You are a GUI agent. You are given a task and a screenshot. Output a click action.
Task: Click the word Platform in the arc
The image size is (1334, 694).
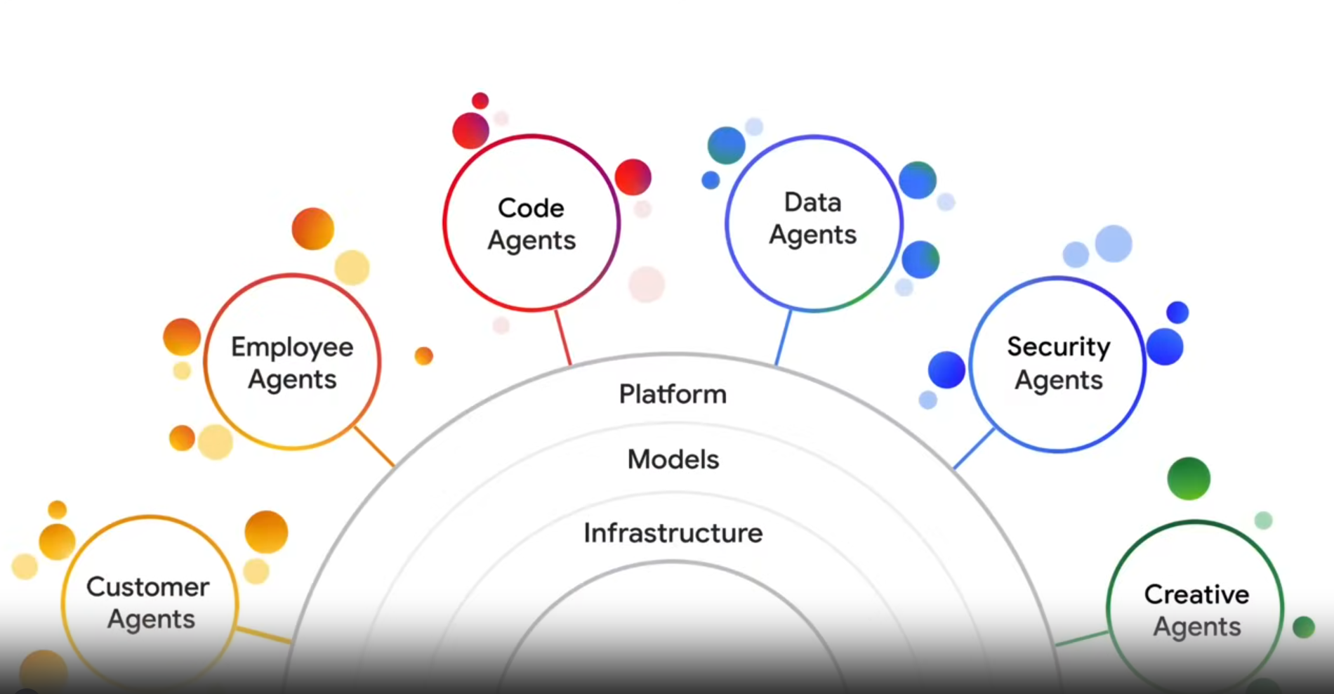pyautogui.click(x=673, y=394)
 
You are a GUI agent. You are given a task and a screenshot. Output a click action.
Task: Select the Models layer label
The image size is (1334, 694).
pyautogui.click(x=673, y=459)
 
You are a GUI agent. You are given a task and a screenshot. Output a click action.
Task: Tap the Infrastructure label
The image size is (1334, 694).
pyautogui.click(x=673, y=533)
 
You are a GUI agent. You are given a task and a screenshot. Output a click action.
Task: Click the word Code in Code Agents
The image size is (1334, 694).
pyautogui.click(x=531, y=208)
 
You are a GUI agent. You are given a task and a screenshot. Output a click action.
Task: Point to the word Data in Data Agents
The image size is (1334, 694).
pyautogui.click(x=812, y=202)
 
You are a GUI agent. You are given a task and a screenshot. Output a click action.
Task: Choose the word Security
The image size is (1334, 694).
pyautogui.click(x=1058, y=346)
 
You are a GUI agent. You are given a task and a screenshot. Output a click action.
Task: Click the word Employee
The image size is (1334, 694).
pyautogui.click(x=292, y=347)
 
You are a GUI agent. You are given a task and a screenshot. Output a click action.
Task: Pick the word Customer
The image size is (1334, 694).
pyautogui.click(x=147, y=587)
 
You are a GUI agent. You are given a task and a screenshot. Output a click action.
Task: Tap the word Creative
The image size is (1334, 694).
pyautogui.click(x=1196, y=594)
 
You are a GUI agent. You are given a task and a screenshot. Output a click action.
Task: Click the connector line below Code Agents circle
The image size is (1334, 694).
pyautogui.click(x=562, y=337)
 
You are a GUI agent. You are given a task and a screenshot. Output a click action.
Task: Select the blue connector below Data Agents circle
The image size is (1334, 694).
pyautogui.click(x=783, y=338)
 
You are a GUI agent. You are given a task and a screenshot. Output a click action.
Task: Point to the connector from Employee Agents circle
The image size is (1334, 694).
pyautogui.click(x=374, y=446)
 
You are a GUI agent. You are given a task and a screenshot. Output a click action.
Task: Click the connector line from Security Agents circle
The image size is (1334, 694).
pyautogui.click(x=974, y=448)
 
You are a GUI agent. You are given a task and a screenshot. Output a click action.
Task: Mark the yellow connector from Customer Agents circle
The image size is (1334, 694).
pyautogui.click(x=263, y=634)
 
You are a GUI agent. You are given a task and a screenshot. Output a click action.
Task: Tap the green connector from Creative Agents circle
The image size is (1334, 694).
pyautogui.click(x=1082, y=639)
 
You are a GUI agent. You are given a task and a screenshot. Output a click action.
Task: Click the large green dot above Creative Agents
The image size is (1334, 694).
pyautogui.click(x=1188, y=478)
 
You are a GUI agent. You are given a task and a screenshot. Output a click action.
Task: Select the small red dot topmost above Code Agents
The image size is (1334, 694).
pyautogui.click(x=480, y=100)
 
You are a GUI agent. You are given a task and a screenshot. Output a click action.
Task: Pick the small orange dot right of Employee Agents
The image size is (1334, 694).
pyautogui.click(x=423, y=356)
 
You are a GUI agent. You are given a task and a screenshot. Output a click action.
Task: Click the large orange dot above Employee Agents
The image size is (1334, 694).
pyautogui.click(x=312, y=228)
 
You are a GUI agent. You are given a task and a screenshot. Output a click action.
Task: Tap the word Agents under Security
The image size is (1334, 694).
pyautogui.click(x=1059, y=381)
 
